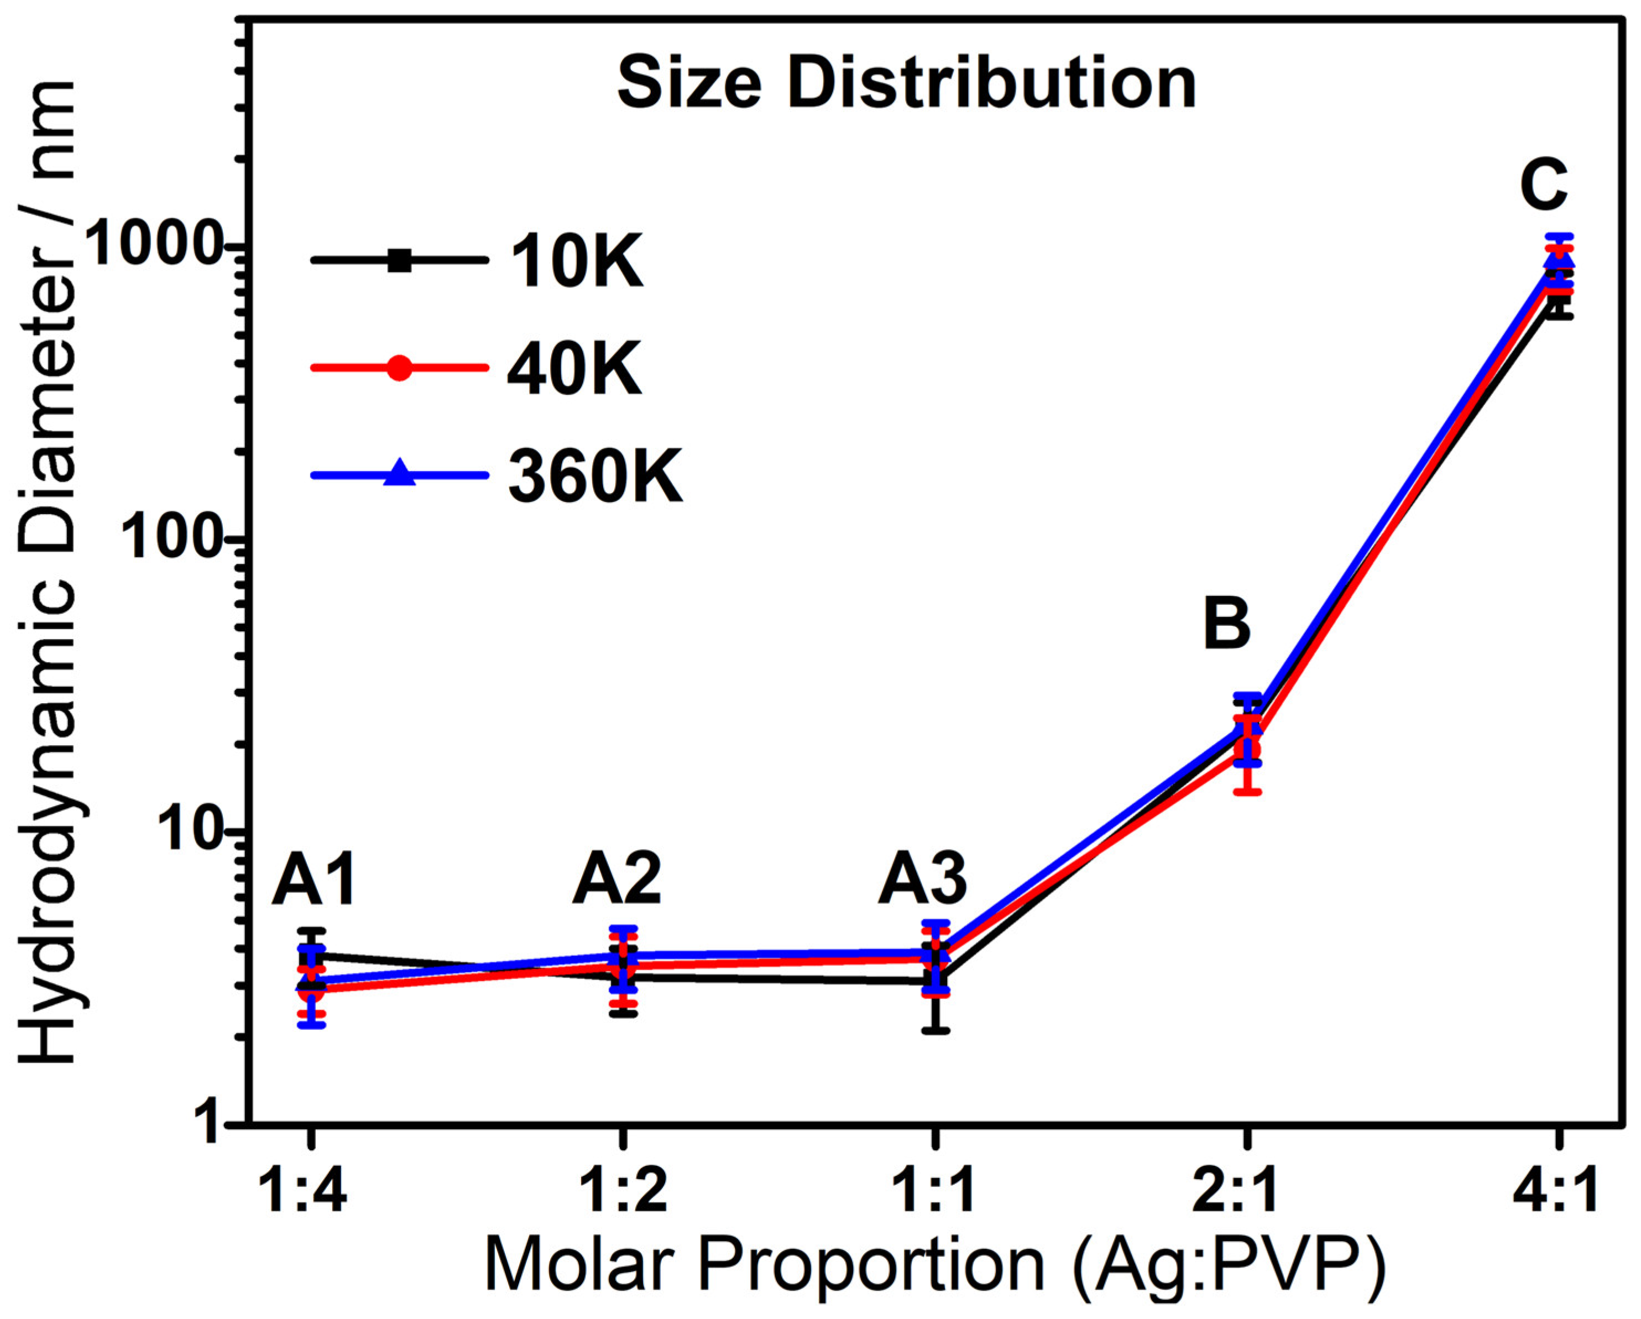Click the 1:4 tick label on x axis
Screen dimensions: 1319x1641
click(303, 1192)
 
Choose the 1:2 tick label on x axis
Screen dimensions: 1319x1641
click(623, 1192)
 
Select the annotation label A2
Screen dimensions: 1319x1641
click(617, 880)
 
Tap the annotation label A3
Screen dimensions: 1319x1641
click(922, 880)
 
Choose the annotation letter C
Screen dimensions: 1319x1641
click(1544, 186)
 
